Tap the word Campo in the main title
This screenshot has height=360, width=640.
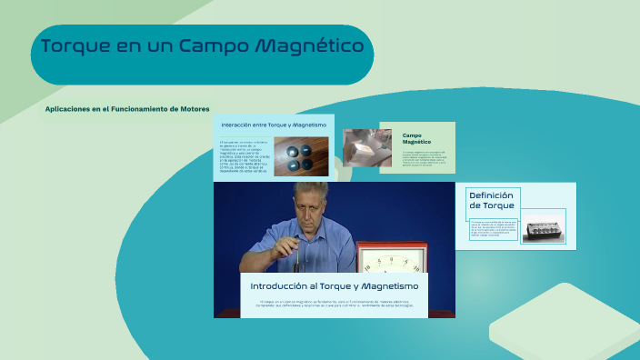pos(214,45)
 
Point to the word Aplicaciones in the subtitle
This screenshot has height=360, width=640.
pos(66,109)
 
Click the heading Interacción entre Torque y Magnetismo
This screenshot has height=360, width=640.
pos(273,124)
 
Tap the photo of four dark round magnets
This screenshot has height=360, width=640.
pos(300,156)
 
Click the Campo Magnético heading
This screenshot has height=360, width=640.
pos(416,139)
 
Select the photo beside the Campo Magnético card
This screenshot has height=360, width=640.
pos(367,147)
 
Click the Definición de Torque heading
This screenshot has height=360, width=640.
pos(491,200)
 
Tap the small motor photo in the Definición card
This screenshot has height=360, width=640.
pos(544,226)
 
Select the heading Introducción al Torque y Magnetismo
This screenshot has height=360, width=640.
pos(334,285)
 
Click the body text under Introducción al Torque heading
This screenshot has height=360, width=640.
pos(334,304)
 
